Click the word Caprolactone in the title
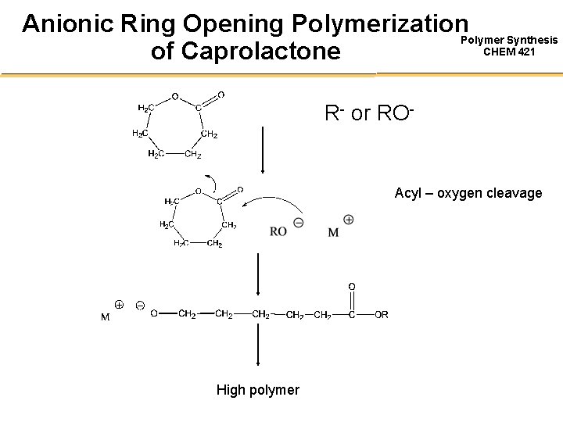[x=261, y=51]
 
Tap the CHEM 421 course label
[x=510, y=52]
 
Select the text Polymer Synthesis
[x=510, y=40]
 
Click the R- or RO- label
[x=368, y=113]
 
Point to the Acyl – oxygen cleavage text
[x=468, y=192]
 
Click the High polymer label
[x=257, y=389]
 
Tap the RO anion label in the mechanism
[x=278, y=231]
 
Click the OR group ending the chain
[x=381, y=314]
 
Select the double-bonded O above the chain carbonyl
[x=352, y=287]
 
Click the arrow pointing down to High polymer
[x=259, y=344]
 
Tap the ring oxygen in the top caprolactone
[x=174, y=97]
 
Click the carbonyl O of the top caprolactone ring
[x=221, y=95]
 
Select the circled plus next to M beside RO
[x=348, y=220]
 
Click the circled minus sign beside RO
[x=299, y=224]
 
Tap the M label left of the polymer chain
[x=104, y=317]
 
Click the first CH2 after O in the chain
[x=187, y=314]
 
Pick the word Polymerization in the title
[x=368, y=23]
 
